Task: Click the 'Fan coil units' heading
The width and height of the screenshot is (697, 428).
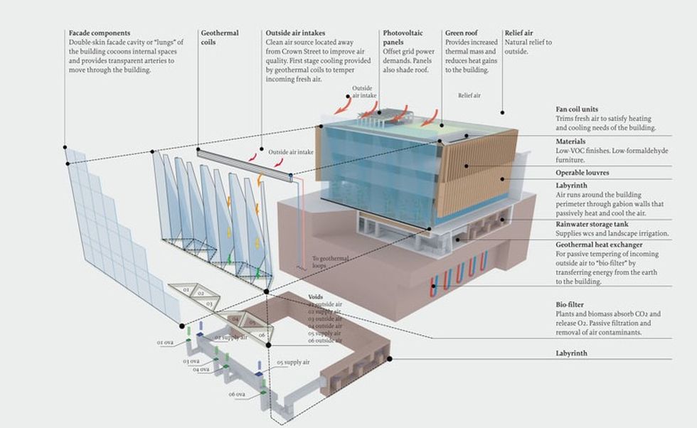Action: [582, 109]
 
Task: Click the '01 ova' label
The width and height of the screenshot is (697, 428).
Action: [165, 343]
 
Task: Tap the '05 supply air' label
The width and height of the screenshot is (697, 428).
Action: [292, 363]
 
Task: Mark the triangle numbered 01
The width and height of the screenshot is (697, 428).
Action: [186, 290]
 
